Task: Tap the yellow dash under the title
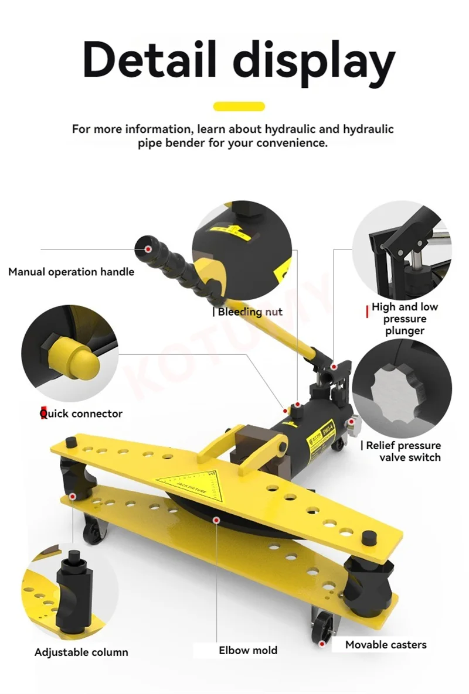[239, 106]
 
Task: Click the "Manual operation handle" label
[72, 272]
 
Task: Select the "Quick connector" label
[81, 413]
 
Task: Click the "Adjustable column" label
[81, 652]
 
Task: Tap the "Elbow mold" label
[248, 650]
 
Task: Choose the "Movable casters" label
[386, 645]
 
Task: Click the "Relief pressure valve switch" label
[403, 452]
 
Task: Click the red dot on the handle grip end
[149, 249]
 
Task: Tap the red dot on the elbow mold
[216, 521]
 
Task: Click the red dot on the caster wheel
[321, 642]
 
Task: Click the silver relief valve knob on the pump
[354, 425]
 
